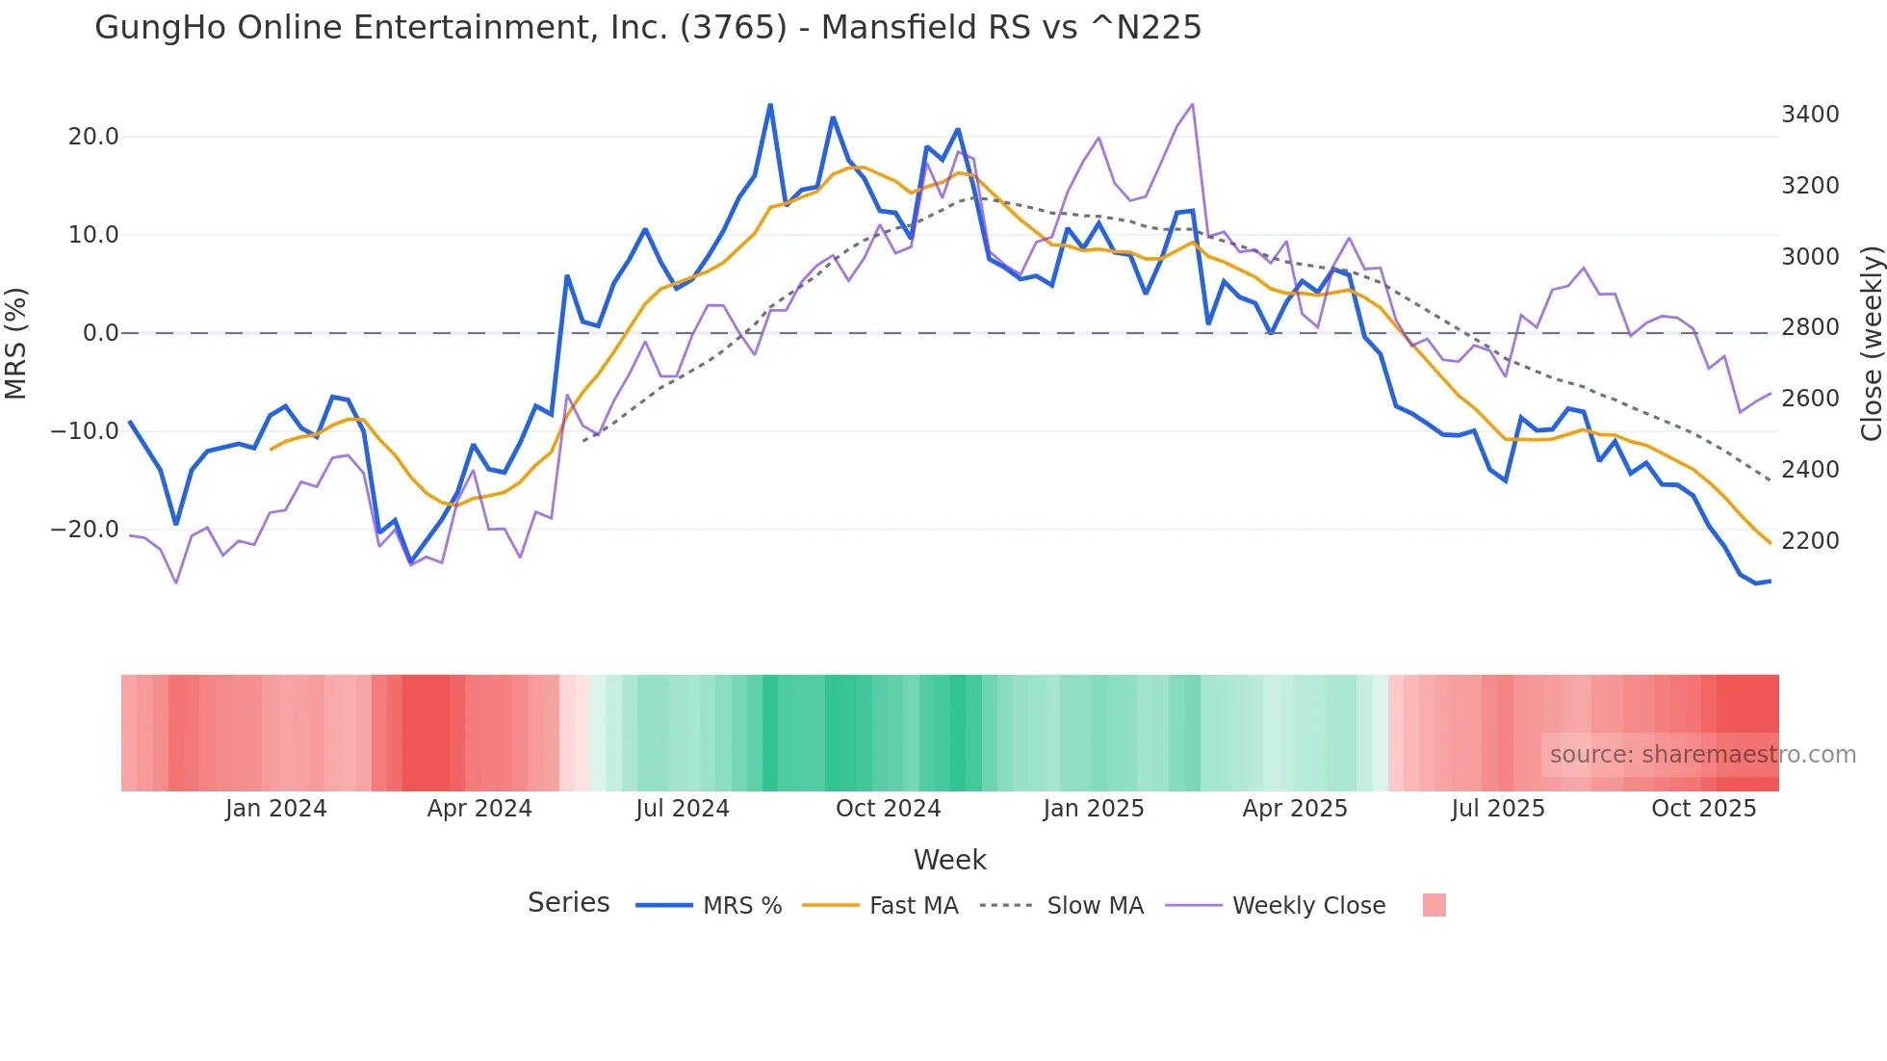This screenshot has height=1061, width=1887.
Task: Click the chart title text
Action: point(647,27)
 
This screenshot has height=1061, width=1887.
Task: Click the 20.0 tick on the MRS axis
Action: point(93,137)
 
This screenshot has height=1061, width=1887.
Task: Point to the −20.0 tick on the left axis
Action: point(86,530)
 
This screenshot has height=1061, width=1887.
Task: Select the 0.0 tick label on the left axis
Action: point(100,333)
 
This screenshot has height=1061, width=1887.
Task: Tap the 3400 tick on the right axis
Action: point(1810,115)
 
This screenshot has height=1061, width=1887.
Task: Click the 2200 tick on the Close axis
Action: point(1810,541)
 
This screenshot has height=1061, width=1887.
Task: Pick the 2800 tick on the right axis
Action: point(1810,327)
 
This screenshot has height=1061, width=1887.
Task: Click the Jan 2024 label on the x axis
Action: point(276,809)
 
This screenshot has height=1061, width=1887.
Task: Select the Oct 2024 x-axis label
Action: point(888,809)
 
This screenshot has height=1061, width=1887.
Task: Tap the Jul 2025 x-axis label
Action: point(1498,809)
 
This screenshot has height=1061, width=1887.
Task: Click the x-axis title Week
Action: point(949,860)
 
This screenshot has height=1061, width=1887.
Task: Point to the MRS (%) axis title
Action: point(16,343)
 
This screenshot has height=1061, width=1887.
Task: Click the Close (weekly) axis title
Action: point(1871,343)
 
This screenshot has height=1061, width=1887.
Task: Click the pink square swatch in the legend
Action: point(1434,905)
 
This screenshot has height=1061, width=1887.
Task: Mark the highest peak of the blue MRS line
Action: point(770,105)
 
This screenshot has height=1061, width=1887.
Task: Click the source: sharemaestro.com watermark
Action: point(1702,755)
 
